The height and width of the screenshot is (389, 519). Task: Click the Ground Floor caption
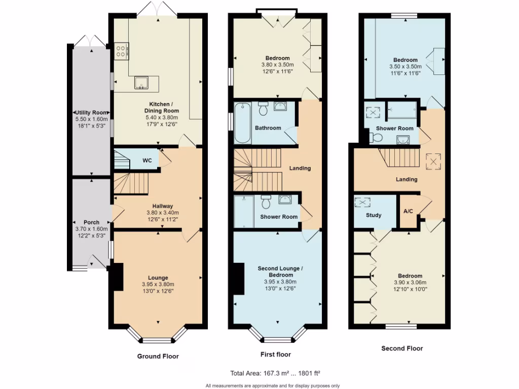coord(158,356)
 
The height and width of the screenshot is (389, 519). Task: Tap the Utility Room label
coord(92,112)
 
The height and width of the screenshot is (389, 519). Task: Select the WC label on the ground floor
coord(147,161)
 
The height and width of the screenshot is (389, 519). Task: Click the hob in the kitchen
coord(122,51)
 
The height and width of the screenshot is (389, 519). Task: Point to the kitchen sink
coord(140,83)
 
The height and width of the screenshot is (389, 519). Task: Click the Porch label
coord(92,222)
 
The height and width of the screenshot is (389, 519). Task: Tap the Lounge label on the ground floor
coord(158,278)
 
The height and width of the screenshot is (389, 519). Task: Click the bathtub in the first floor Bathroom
coord(241,123)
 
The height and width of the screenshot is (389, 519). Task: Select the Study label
coord(374,215)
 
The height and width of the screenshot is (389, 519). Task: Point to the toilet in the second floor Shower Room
coord(377,137)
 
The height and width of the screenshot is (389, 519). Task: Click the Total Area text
coord(275,374)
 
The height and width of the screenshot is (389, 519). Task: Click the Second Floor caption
coord(401,348)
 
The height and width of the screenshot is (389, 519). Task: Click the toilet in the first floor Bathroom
coord(263,108)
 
